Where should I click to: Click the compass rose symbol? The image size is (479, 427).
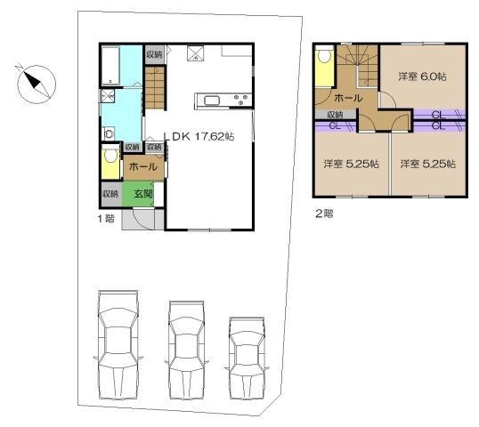[37, 84]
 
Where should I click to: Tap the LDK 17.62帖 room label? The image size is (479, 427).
[199, 136]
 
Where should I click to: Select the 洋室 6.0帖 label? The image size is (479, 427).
[422, 77]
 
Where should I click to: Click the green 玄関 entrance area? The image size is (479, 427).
[138, 194]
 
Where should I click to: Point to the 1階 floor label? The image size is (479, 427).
[106, 218]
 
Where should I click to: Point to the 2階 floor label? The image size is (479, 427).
[324, 213]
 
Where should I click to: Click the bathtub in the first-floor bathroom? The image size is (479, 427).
[110, 65]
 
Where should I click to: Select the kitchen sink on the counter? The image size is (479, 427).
[212, 101]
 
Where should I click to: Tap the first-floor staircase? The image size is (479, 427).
[155, 88]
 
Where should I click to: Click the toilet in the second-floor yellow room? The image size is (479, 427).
[324, 56]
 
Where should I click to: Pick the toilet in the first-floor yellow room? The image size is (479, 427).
[110, 155]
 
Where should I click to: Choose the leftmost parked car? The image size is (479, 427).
[118, 345]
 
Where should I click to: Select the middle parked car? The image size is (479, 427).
[187, 350]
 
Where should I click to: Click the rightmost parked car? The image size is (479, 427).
[247, 358]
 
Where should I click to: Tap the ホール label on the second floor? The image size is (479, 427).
[348, 98]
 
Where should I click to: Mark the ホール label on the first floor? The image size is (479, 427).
[143, 166]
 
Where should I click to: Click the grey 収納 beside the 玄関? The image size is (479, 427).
[110, 194]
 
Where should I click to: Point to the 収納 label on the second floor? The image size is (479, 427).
[335, 115]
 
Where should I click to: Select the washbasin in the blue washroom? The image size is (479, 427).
[109, 133]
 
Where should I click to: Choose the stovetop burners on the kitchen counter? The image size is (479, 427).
[241, 100]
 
